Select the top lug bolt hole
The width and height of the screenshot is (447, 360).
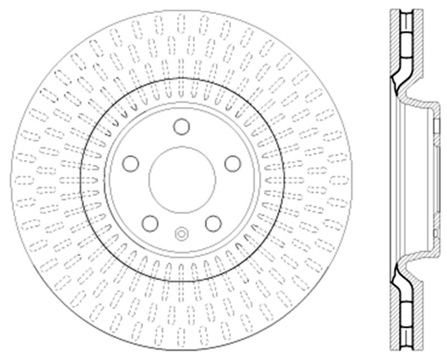pos(181,127)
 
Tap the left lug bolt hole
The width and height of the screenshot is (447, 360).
pos(131,164)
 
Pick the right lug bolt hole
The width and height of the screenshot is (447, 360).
pos(232,164)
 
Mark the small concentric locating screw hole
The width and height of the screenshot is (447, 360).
pos(182,233)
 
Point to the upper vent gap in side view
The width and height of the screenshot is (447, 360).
pos(403,45)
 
